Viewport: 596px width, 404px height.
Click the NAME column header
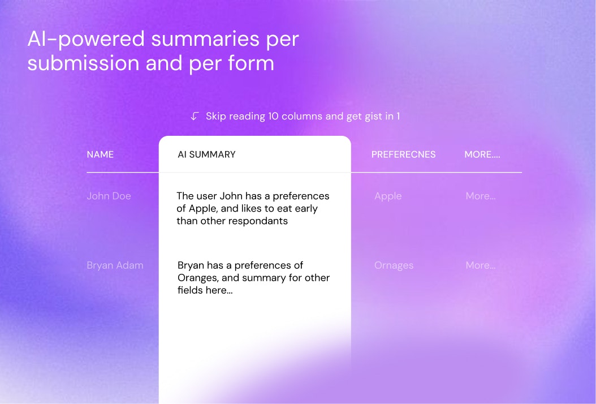pos(100,154)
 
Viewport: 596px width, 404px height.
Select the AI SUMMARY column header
pos(206,154)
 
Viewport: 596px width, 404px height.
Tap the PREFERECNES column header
pos(403,154)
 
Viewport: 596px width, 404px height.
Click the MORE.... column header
pos(482,154)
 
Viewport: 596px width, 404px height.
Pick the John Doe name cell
pos(109,196)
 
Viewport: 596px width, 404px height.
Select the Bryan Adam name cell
pos(115,265)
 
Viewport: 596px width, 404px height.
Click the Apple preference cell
pos(388,196)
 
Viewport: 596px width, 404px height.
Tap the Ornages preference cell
pos(394,265)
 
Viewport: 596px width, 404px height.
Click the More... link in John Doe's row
pos(481,196)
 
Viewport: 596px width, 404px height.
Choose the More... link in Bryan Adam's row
pos(481,265)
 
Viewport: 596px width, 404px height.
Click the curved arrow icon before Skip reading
pos(195,116)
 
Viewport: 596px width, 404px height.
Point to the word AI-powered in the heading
pos(87,40)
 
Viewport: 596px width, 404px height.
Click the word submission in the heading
pos(83,63)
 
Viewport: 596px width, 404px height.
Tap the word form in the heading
pos(251,63)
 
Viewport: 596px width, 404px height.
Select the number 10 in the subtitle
pos(273,116)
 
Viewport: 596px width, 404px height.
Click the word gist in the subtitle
pos(374,117)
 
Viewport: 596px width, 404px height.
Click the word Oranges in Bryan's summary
pos(198,278)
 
